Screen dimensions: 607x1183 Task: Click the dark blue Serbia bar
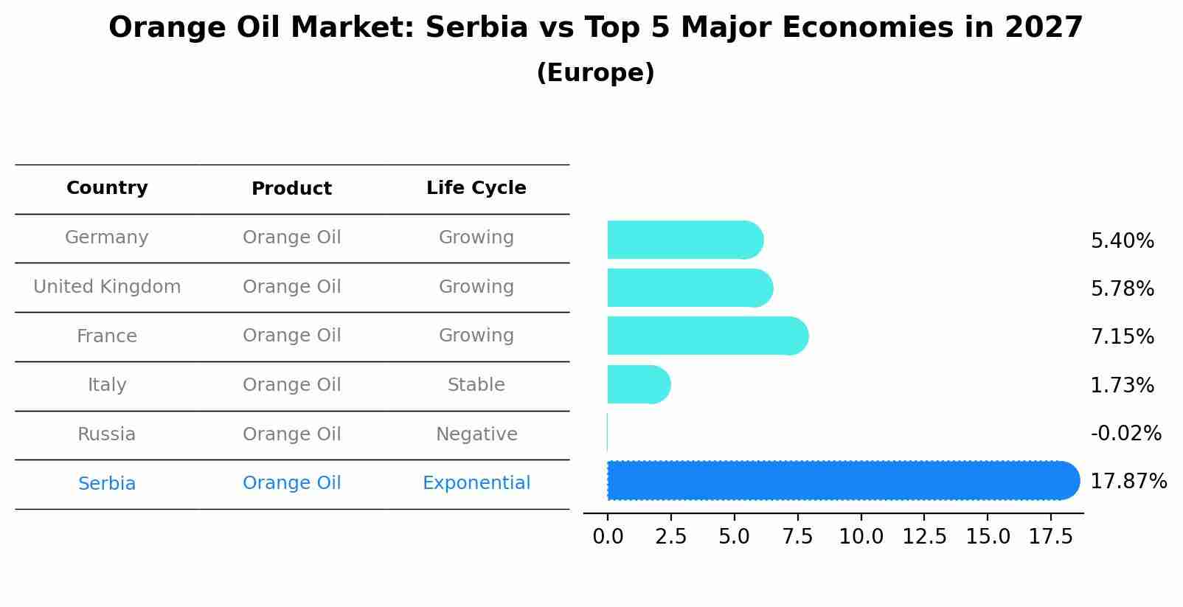[x=841, y=480]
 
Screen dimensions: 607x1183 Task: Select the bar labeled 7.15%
[x=707, y=336]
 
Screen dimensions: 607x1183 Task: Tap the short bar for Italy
[x=638, y=384]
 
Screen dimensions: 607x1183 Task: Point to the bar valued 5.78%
[x=689, y=288]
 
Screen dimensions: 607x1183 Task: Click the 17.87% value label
[x=1128, y=482]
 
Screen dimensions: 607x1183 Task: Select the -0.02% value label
[x=1125, y=433]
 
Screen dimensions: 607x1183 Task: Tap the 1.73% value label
[x=1122, y=385]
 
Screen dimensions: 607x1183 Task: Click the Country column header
[x=107, y=188]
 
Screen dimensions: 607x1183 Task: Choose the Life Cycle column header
[x=476, y=188]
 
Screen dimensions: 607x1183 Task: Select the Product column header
[x=291, y=189]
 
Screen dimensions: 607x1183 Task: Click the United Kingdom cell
[x=107, y=287]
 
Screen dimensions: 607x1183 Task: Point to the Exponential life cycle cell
[x=476, y=483]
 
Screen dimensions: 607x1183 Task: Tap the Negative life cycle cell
[x=476, y=434]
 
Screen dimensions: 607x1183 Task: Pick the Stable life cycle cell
[x=476, y=385]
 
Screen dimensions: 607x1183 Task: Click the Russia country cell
[x=107, y=434]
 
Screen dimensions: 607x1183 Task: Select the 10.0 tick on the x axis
[x=861, y=537]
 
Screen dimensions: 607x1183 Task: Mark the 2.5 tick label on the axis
[x=670, y=537]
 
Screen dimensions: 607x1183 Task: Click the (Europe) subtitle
[x=595, y=73]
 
